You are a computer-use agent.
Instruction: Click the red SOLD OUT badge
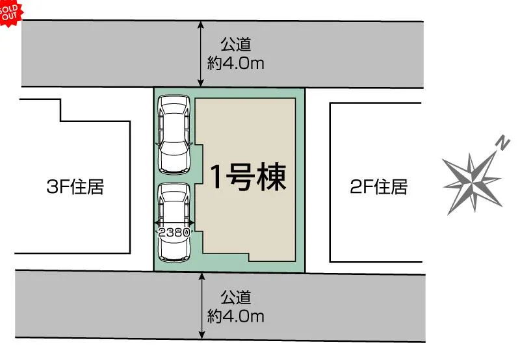click(10, 12)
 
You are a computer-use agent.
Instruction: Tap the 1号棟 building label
click(248, 177)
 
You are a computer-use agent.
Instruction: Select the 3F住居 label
click(75, 186)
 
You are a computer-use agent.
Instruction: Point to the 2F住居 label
click(378, 186)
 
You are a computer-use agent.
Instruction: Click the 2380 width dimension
click(174, 232)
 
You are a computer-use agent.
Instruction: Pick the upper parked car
click(174, 135)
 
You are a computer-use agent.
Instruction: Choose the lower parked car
click(174, 223)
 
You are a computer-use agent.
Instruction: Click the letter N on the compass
click(502, 143)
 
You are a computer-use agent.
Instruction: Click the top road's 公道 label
click(236, 44)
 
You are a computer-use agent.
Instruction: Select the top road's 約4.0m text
click(236, 63)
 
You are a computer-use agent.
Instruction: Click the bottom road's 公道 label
click(236, 298)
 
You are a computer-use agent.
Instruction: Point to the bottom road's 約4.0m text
click(236, 316)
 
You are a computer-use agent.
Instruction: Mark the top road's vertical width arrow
click(200, 54)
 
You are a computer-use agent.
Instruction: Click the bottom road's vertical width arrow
click(201, 305)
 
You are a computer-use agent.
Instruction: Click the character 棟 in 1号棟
click(271, 177)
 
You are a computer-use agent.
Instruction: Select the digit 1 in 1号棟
click(216, 177)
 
